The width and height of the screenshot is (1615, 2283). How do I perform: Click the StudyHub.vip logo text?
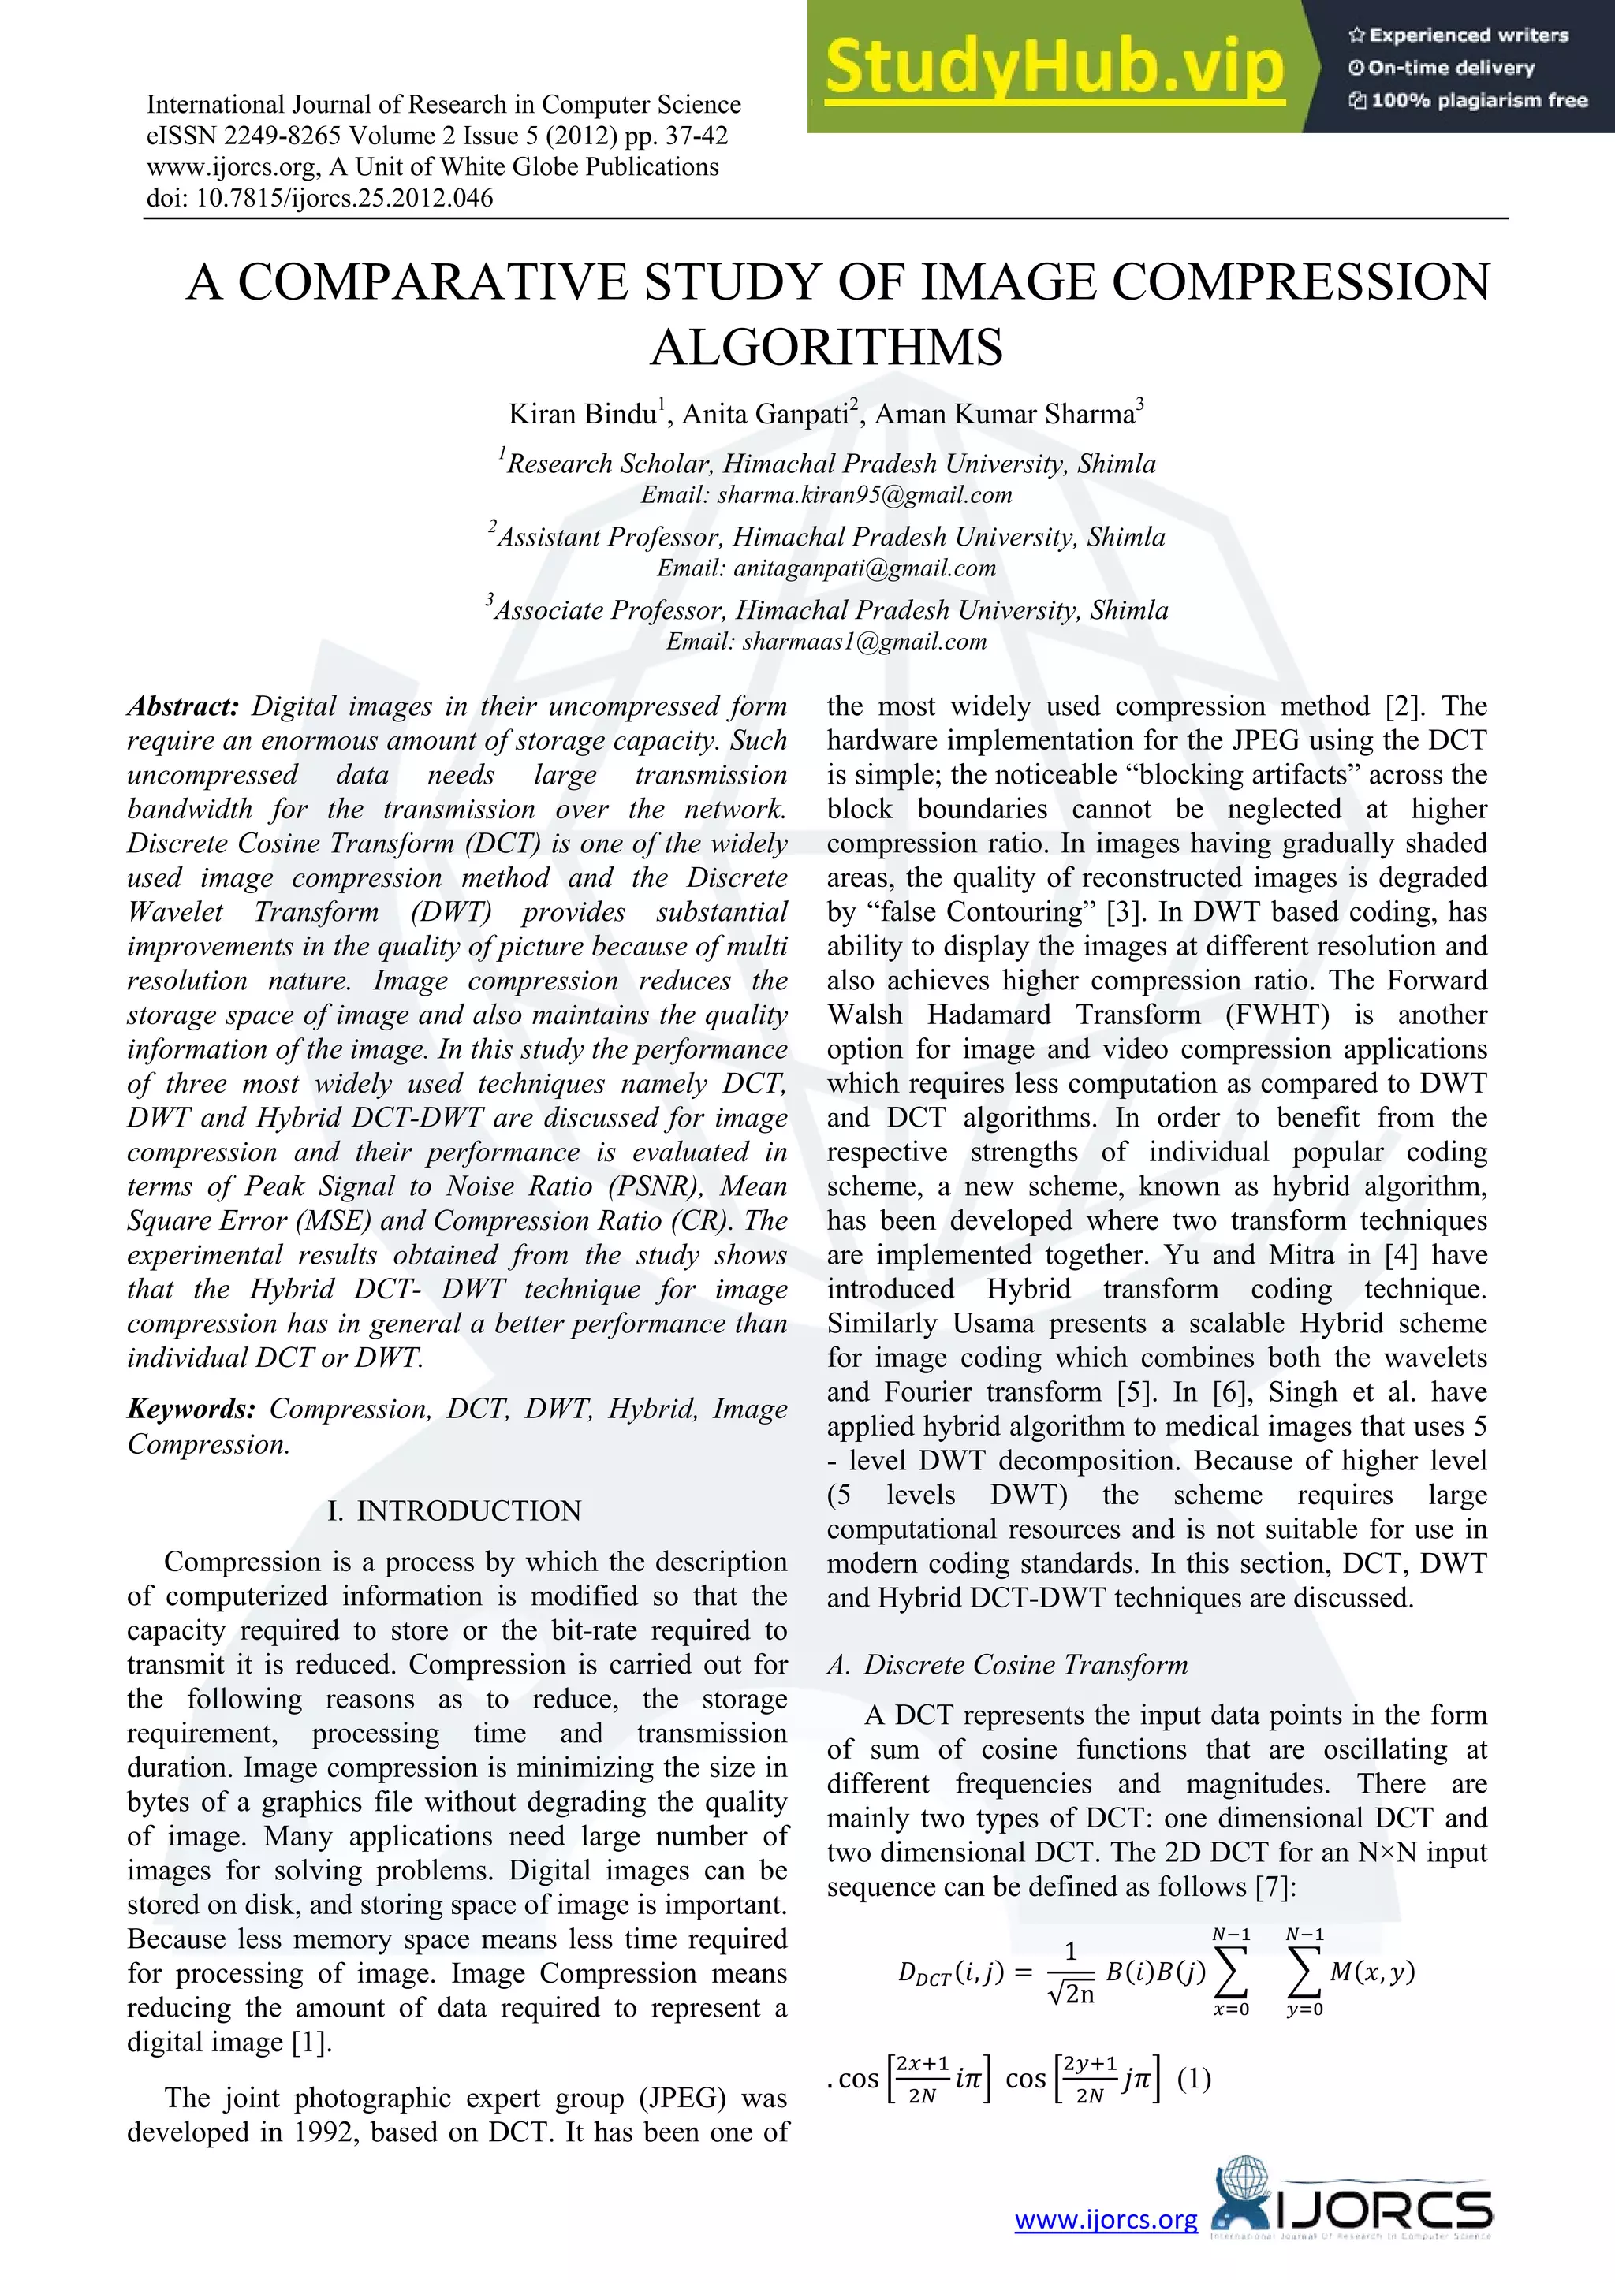(x=1054, y=68)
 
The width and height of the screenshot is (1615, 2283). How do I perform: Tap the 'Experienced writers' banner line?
(x=1458, y=35)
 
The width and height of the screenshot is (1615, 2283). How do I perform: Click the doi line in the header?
(x=319, y=198)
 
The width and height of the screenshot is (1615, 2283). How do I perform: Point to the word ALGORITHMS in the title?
(x=826, y=347)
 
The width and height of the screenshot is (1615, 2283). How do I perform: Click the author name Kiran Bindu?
(x=583, y=414)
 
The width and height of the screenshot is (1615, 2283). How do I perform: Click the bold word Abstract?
(x=184, y=706)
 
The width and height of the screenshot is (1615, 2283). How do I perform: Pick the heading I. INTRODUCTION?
(x=453, y=1510)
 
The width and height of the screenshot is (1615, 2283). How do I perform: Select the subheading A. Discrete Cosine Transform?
(x=1006, y=1664)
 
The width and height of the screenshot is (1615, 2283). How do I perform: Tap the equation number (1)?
(x=1193, y=2079)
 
